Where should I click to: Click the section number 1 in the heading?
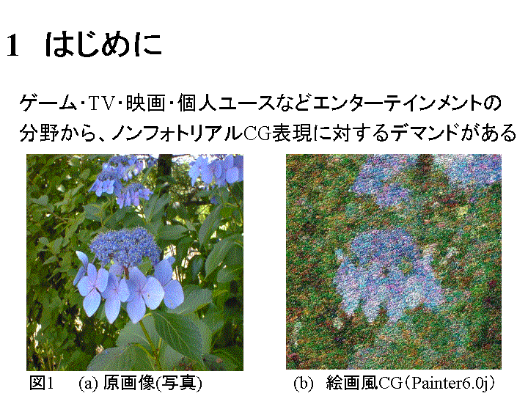pos(12,45)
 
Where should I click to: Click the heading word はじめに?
pos(103,45)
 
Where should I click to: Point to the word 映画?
pos(146,103)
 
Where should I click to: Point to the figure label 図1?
pos(42,383)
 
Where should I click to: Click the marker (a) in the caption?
pos(89,384)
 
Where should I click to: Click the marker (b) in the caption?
pos(304,384)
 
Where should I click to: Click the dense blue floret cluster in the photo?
pos(125,246)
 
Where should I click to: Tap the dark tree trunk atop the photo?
pos(165,166)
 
